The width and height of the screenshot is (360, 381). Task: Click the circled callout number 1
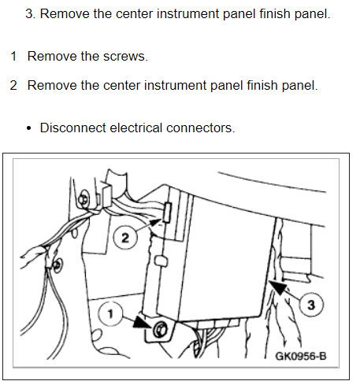pyautogui.click(x=110, y=313)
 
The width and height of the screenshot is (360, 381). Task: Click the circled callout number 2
pyautogui.click(x=125, y=238)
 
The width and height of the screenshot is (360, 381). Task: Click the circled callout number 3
pyautogui.click(x=311, y=305)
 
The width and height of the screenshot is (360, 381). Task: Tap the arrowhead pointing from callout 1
pyautogui.click(x=143, y=322)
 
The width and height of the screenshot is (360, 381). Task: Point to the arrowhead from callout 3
pyautogui.click(x=277, y=287)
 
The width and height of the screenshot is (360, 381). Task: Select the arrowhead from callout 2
pyautogui.click(x=155, y=223)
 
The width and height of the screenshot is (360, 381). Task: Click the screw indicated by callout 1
pyautogui.click(x=160, y=330)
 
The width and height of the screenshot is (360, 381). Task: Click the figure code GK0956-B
pyautogui.click(x=301, y=357)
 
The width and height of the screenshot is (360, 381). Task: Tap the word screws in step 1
pyautogui.click(x=125, y=57)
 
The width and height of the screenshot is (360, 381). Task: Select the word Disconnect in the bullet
pyautogui.click(x=73, y=128)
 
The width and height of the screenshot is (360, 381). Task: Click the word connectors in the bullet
pyautogui.click(x=200, y=128)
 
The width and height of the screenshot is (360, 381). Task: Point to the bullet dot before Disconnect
pyautogui.click(x=28, y=128)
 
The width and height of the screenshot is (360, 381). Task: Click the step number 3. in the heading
pyautogui.click(x=31, y=13)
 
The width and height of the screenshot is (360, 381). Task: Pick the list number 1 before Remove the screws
pyautogui.click(x=13, y=57)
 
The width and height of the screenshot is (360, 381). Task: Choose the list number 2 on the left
pyautogui.click(x=13, y=86)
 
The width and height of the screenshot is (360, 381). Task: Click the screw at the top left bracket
pyautogui.click(x=84, y=200)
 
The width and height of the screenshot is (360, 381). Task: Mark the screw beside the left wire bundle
pyautogui.click(x=57, y=264)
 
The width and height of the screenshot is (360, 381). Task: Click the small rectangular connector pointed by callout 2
pyautogui.click(x=167, y=213)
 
